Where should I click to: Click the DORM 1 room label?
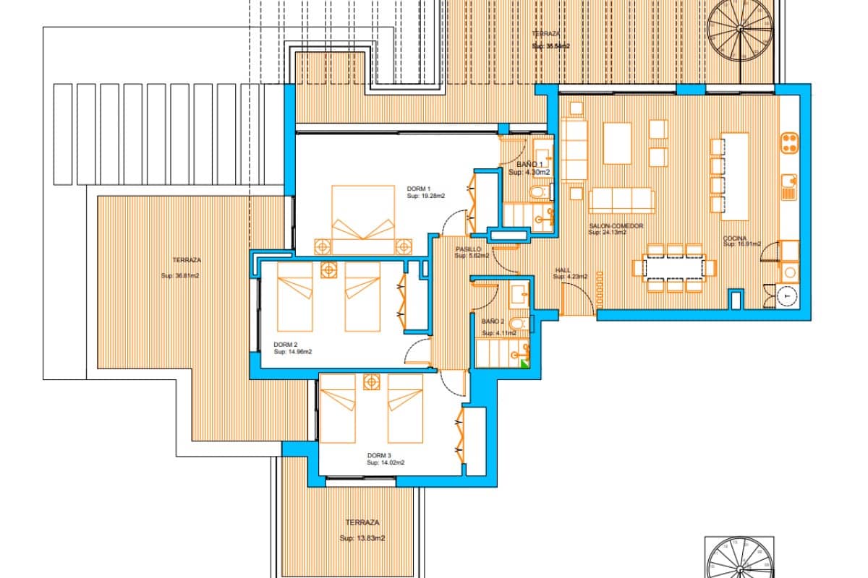pyautogui.click(x=418, y=189)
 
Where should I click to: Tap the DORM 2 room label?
pyautogui.click(x=286, y=345)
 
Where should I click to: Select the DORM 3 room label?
pyautogui.click(x=379, y=455)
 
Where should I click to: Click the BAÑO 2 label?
pyautogui.click(x=493, y=322)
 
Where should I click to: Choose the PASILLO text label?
pyautogui.click(x=468, y=249)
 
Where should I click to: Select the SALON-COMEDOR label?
pyautogui.click(x=615, y=225)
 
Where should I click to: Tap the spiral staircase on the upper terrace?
pyautogui.click(x=739, y=28)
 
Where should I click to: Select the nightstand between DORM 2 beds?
pyautogui.click(x=328, y=270)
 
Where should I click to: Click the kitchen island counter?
pyautogui.click(x=736, y=176)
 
